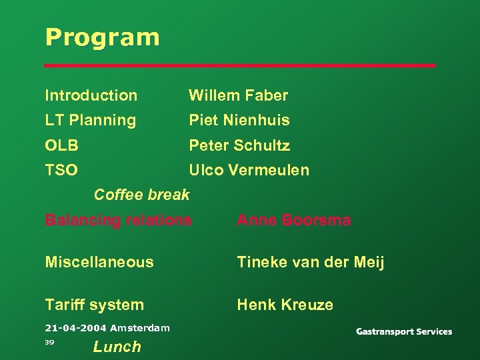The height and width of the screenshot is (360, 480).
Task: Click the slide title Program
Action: point(102,37)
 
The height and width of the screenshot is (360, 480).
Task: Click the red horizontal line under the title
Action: point(240,66)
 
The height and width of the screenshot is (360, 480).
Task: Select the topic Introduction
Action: point(91,95)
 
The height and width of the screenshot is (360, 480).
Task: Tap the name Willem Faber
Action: point(238,95)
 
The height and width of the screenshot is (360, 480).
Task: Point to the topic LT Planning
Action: point(90,120)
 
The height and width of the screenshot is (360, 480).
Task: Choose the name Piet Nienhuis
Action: point(239,120)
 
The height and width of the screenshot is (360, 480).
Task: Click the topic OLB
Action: point(61,145)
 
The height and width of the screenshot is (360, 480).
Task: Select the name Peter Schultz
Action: point(239,145)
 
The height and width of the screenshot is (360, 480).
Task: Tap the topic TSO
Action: point(61,170)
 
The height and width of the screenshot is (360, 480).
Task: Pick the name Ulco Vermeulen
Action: point(249,170)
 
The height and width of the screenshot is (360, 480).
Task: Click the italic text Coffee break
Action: point(141,195)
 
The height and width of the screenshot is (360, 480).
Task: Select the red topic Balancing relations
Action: point(118,220)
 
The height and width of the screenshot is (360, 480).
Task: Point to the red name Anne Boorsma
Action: point(293,220)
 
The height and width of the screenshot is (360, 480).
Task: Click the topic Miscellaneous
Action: point(99,262)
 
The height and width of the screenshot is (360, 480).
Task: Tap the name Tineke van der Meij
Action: point(311,262)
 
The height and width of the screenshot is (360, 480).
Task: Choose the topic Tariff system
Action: point(94,305)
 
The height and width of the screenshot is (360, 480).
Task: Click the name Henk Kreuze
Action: point(285,305)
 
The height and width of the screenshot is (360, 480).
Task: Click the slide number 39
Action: point(49,342)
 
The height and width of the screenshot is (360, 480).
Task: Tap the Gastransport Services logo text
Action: point(403,331)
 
